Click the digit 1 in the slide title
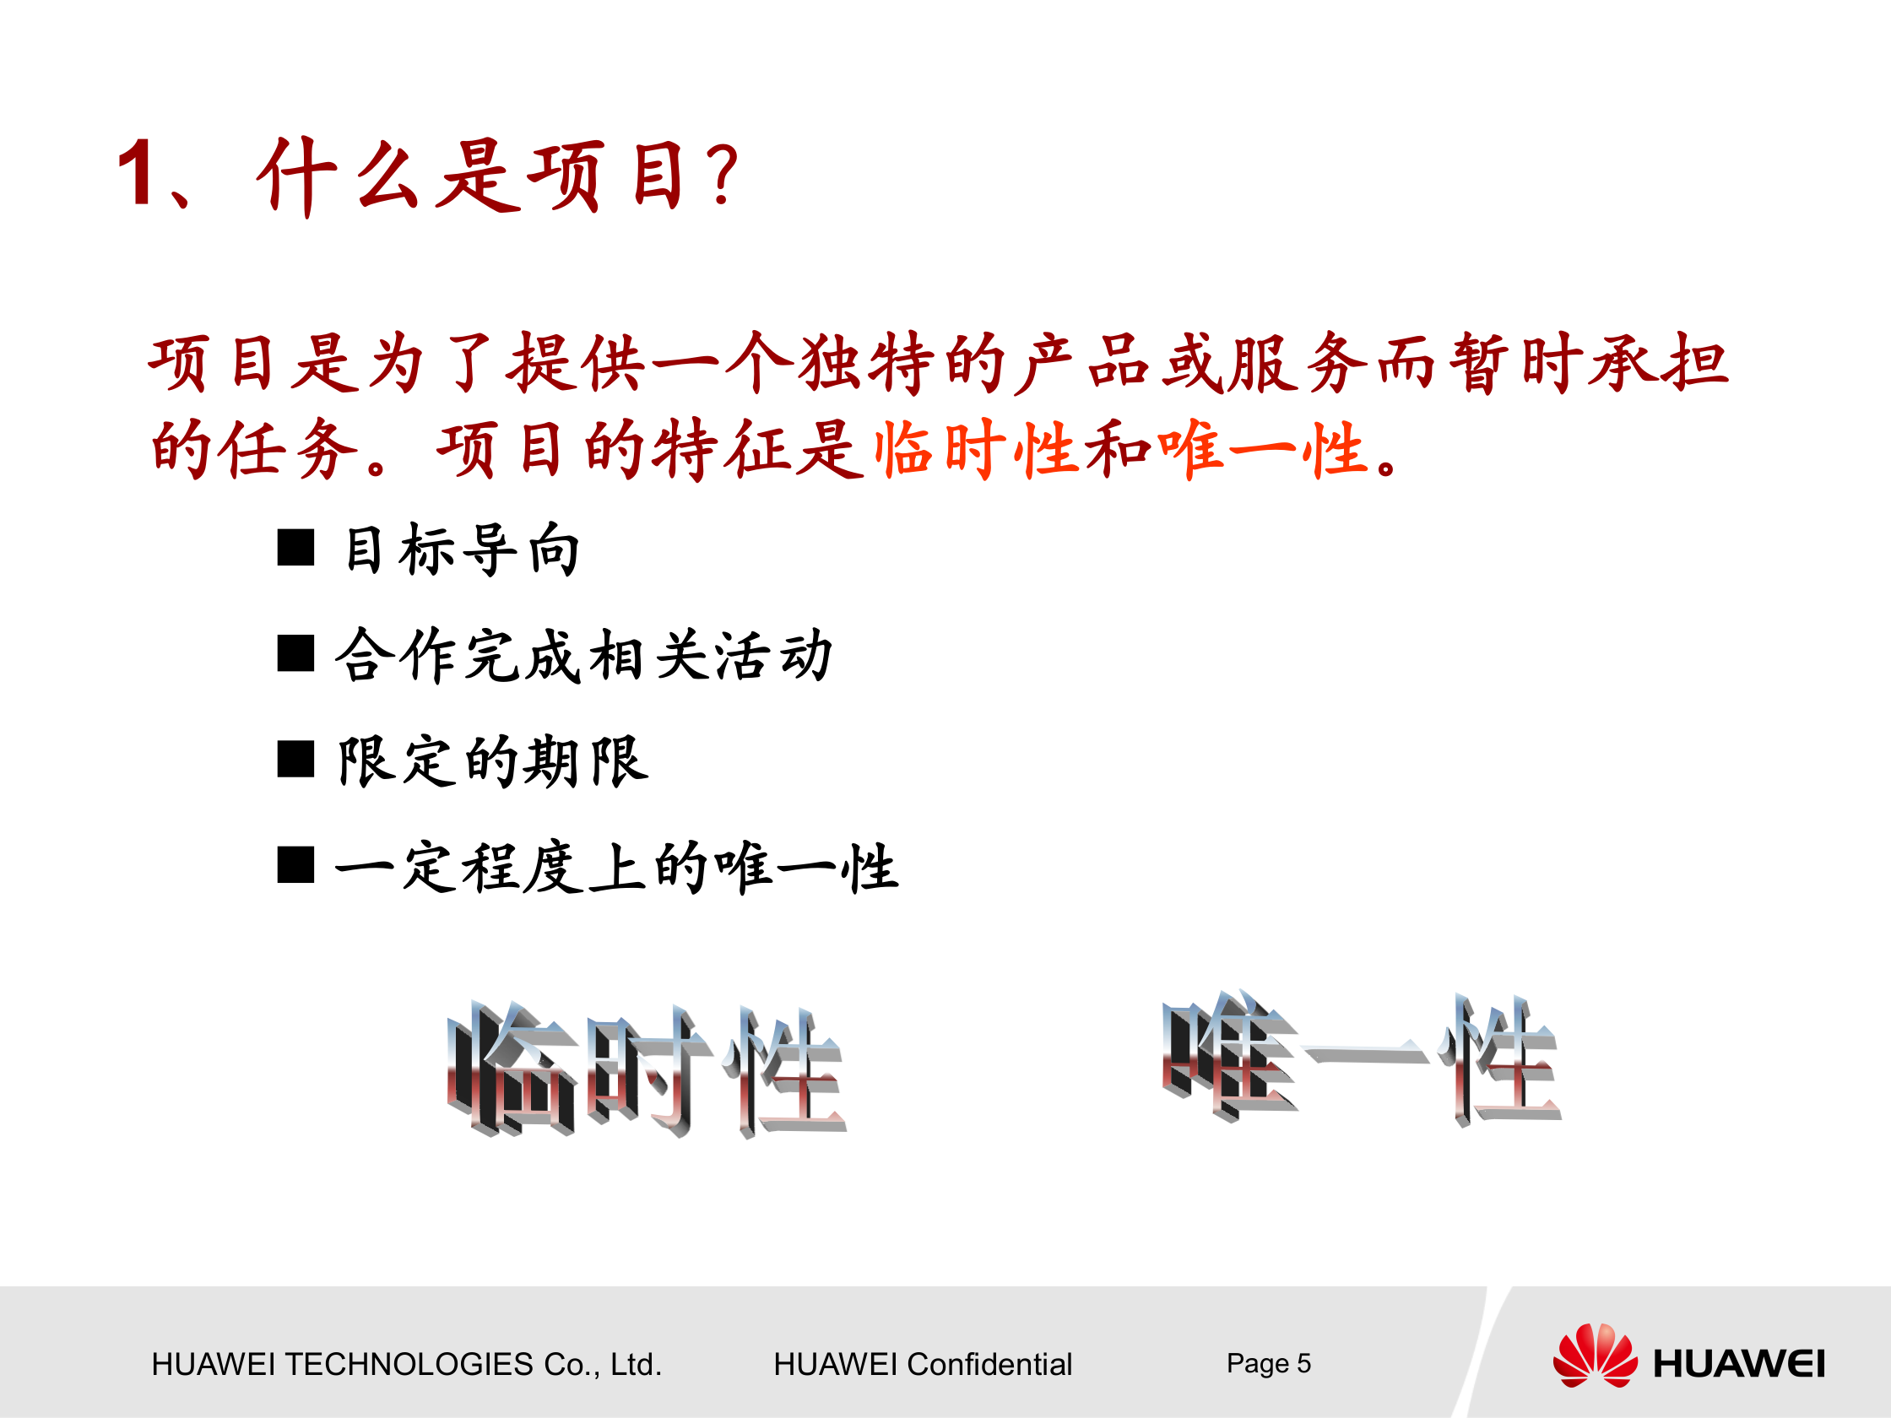[x=136, y=174]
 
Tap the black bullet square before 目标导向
[x=295, y=548]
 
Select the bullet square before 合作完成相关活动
[x=295, y=654]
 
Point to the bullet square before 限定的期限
[x=295, y=759]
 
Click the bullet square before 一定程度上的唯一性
[x=295, y=865]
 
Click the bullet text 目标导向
[x=462, y=549]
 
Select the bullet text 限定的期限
[x=493, y=760]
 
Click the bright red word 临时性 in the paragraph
[x=974, y=449]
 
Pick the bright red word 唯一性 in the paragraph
[x=1261, y=449]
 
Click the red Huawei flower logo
[x=1595, y=1356]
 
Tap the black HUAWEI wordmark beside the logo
[x=1739, y=1364]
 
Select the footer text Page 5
[x=1268, y=1363]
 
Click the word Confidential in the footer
[x=989, y=1364]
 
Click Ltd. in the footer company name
[x=636, y=1364]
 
